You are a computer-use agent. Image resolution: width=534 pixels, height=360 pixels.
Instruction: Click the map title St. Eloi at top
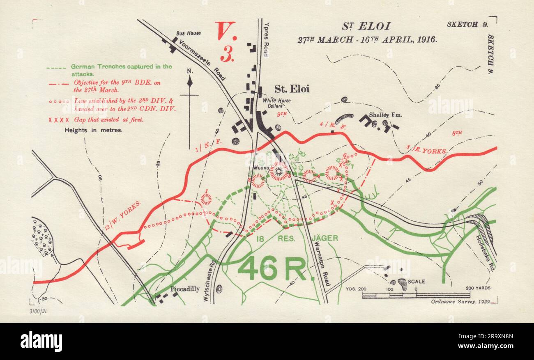(366, 27)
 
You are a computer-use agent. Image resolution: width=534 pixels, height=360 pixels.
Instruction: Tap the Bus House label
(191, 32)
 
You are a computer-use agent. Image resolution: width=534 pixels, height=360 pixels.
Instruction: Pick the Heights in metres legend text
(94, 131)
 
